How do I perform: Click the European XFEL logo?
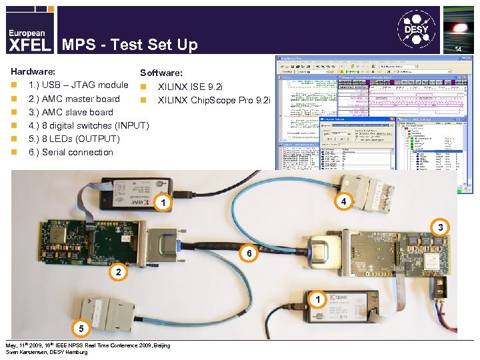point(27,39)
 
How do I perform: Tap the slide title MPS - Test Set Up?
point(130,45)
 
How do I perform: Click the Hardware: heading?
point(33,71)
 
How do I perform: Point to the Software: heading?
point(161,72)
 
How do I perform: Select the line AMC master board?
point(73,99)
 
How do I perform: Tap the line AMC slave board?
point(70,112)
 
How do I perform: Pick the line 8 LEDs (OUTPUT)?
point(73,139)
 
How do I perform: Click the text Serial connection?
point(71,152)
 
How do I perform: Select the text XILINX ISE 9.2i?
point(191,87)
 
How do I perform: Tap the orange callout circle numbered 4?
point(343,201)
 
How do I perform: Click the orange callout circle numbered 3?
point(440,228)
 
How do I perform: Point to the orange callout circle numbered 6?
point(248,254)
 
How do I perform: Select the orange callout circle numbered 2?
point(118,272)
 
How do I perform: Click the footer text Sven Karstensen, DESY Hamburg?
point(46,352)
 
